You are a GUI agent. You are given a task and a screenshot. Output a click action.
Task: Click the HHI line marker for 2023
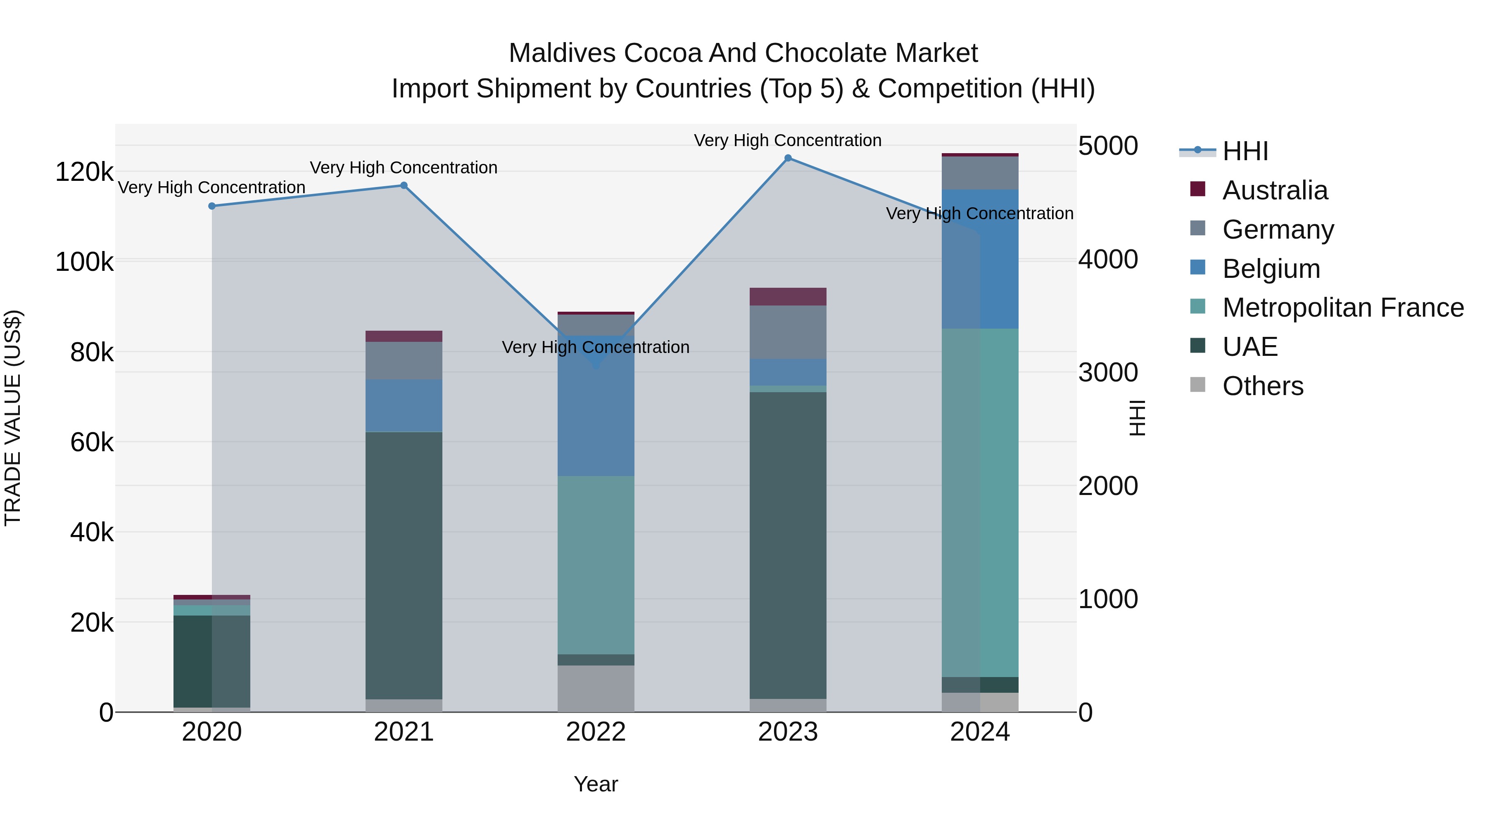pos(788,158)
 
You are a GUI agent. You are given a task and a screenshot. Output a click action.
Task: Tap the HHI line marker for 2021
pos(404,185)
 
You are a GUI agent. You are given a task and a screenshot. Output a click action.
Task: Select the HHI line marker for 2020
pos(212,206)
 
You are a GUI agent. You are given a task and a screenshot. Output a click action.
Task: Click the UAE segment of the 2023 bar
pos(788,545)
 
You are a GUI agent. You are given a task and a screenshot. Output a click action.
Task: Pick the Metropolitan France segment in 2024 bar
pos(980,502)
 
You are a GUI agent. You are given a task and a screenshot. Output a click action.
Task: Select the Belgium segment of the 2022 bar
pos(596,415)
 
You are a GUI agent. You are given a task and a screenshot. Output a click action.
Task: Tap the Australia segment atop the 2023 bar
pos(788,296)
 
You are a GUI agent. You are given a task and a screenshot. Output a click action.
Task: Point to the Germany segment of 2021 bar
pos(404,360)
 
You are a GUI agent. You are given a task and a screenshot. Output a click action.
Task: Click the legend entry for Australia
pos(1275,190)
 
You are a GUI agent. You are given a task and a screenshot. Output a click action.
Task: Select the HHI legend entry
pos(1245,151)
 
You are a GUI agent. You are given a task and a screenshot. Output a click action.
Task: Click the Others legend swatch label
pos(1262,386)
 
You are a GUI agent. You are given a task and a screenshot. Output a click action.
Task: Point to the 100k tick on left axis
pos(84,262)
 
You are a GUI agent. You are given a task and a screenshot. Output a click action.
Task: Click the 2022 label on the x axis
pos(596,732)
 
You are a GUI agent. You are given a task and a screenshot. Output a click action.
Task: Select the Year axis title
pos(596,784)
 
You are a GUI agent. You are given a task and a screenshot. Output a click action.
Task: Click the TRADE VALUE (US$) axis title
pos(13,418)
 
